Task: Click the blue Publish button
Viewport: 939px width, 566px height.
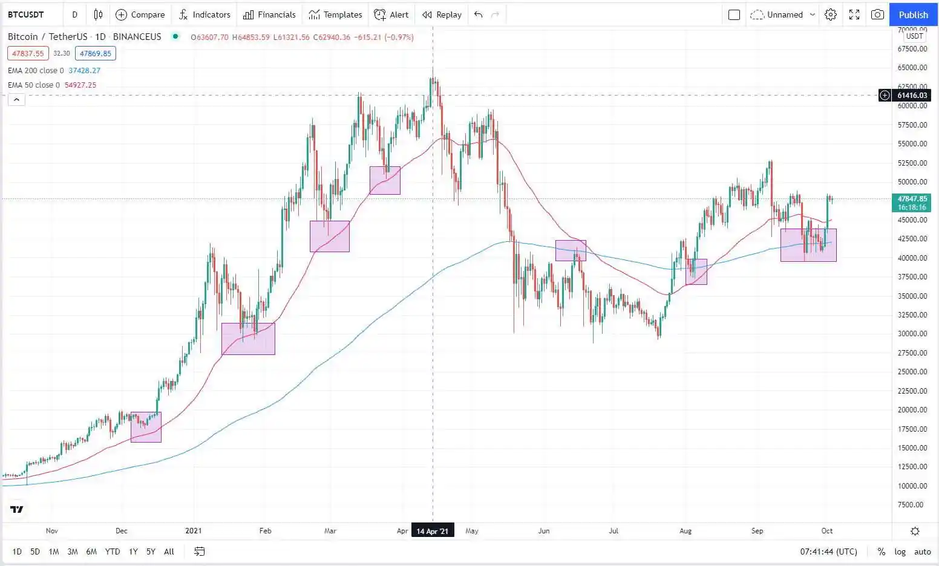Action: (x=913, y=15)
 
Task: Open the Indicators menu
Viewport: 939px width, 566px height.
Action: (x=204, y=15)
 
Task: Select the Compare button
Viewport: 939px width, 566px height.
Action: (x=140, y=15)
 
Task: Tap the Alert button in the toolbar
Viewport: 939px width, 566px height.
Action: (x=391, y=15)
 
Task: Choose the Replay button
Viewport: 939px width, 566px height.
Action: (x=442, y=15)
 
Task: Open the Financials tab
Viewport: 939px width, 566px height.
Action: (x=269, y=15)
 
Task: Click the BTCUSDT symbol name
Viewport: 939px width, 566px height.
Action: (x=26, y=15)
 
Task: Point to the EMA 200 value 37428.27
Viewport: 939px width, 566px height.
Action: (x=85, y=71)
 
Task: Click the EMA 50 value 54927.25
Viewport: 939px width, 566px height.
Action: (x=80, y=85)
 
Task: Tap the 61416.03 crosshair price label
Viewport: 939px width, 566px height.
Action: (x=912, y=96)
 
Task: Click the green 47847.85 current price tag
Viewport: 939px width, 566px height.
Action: (x=912, y=203)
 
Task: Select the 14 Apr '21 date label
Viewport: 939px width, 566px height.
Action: (x=433, y=531)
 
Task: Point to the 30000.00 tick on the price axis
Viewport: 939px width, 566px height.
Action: (x=912, y=334)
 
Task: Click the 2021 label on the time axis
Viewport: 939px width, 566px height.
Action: (x=193, y=531)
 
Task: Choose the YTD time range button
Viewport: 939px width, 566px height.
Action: (x=113, y=551)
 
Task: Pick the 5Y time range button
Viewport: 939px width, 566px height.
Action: (x=151, y=551)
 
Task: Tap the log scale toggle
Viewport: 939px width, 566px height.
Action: (x=900, y=551)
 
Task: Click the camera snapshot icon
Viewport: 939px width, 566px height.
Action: (x=877, y=15)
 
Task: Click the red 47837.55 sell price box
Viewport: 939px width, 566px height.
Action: (x=28, y=53)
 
